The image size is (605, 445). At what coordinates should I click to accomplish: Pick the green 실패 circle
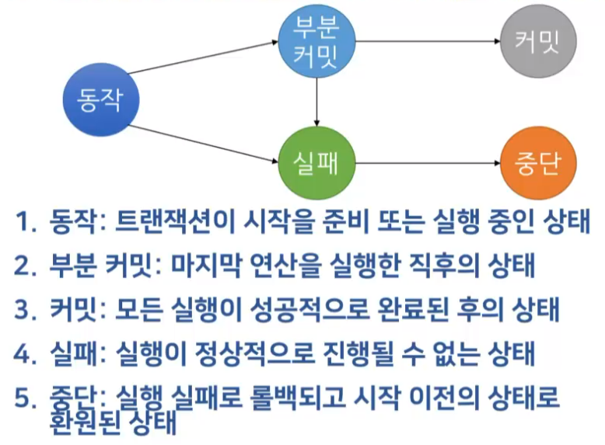pyautogui.click(x=315, y=164)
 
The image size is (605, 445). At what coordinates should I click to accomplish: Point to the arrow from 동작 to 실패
pyautogui.click(x=204, y=144)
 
